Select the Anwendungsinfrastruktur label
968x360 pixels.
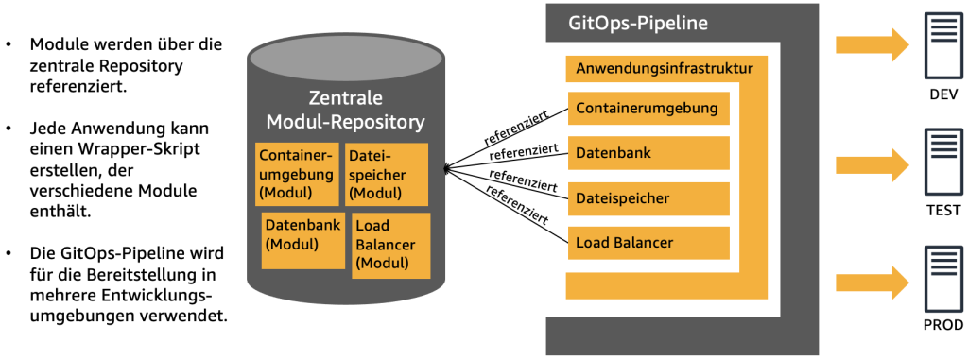[x=664, y=69]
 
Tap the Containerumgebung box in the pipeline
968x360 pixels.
[x=648, y=108]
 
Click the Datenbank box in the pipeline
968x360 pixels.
[x=648, y=152]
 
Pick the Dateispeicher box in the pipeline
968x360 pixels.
[x=648, y=197]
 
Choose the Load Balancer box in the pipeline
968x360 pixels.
[x=648, y=243]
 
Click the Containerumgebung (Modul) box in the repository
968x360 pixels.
[x=296, y=173]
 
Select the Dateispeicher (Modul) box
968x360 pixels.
[x=385, y=173]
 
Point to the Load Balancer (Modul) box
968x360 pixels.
[x=390, y=245]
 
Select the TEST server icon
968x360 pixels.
[x=943, y=163]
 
